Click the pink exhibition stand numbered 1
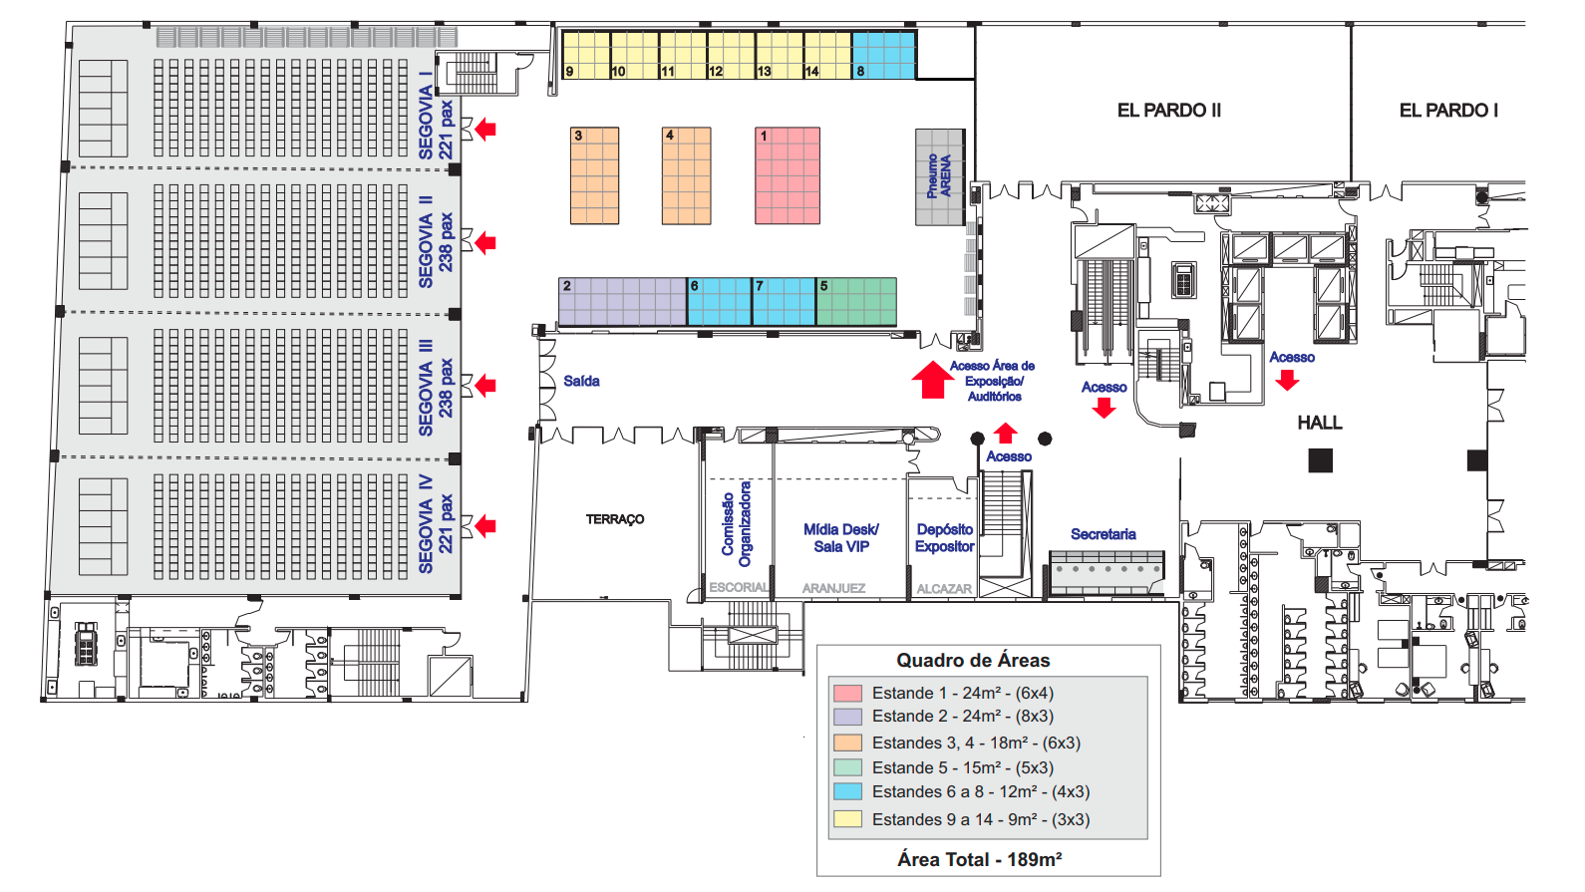point(788,175)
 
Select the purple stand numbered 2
point(623,302)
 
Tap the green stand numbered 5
point(857,302)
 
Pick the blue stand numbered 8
point(884,55)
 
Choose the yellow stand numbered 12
point(731,55)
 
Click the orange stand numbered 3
point(594,175)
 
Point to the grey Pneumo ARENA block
point(940,176)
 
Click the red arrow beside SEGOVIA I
point(485,130)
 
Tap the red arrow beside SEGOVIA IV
point(485,526)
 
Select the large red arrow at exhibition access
point(933,380)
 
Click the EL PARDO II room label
point(1169,111)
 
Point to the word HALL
point(1320,423)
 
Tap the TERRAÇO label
point(615,519)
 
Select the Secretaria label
point(1104,534)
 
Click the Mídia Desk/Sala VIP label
point(841,537)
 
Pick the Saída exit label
point(581,382)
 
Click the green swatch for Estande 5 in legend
point(847,767)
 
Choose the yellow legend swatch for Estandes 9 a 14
point(847,819)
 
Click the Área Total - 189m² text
point(980,859)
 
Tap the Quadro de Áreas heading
point(973,661)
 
